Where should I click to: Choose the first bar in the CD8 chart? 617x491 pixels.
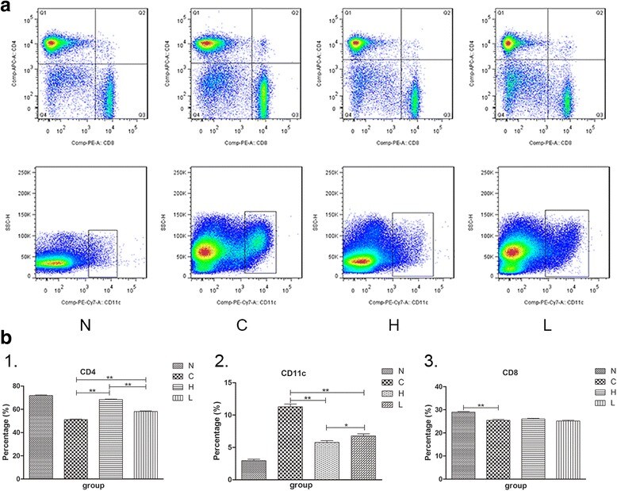click(462, 445)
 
